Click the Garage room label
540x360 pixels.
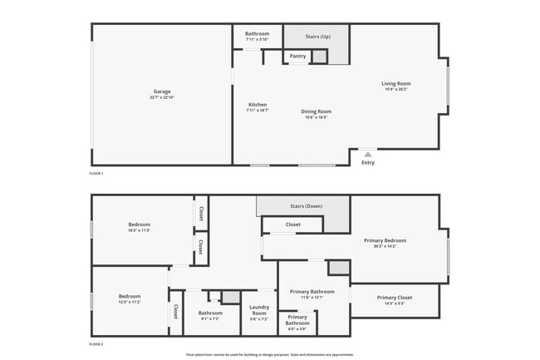tap(162, 91)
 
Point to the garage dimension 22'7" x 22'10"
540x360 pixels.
tap(162, 98)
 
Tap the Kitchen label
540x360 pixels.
tap(257, 105)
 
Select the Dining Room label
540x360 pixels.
tap(316, 111)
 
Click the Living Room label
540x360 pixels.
tap(396, 83)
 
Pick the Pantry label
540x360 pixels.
tap(297, 57)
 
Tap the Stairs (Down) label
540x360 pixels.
tap(306, 205)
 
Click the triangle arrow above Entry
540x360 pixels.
tap(368, 154)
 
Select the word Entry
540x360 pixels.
tap(368, 163)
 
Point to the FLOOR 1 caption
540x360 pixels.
tap(96, 173)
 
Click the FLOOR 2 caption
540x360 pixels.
tap(96, 343)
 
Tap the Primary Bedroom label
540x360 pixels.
tap(385, 241)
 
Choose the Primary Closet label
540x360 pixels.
tap(394, 298)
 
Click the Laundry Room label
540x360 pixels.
tap(259, 310)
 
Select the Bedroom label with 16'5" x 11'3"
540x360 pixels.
tap(139, 224)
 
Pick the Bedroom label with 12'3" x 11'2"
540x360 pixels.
tap(130, 297)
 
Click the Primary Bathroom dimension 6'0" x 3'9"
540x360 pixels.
tap(297, 330)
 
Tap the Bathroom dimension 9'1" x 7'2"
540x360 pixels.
tap(210, 318)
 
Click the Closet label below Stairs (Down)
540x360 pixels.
tap(292, 224)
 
